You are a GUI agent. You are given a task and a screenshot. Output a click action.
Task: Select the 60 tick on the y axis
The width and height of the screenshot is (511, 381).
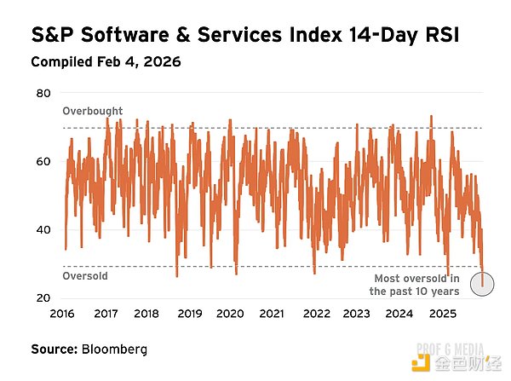[43, 160]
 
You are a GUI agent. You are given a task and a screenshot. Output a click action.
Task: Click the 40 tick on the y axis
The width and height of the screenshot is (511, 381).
[43, 229]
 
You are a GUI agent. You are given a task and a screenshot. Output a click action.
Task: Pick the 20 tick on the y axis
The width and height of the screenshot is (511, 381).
[43, 297]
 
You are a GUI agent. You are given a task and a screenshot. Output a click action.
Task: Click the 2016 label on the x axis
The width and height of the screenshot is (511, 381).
[61, 314]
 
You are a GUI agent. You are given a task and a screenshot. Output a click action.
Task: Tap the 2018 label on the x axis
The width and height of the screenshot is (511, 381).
[146, 314]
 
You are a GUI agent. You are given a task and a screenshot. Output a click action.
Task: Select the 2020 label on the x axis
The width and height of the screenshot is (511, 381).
[230, 314]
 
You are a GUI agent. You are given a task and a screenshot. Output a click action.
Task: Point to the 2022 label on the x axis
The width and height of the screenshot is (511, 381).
[316, 314]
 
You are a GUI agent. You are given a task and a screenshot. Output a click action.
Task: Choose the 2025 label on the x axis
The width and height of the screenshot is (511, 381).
[442, 314]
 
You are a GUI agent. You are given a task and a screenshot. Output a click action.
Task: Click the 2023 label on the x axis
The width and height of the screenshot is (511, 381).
[357, 314]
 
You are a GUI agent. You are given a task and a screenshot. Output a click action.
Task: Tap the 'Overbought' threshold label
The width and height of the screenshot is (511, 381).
[93, 111]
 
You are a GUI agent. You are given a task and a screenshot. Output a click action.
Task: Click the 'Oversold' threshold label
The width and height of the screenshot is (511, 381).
[85, 275]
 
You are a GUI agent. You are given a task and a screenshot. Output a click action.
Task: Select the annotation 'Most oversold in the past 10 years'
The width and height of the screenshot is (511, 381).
[417, 285]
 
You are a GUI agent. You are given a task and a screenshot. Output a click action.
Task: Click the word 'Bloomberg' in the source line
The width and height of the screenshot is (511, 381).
[114, 349]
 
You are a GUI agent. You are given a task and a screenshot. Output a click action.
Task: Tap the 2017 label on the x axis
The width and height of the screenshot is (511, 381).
[105, 314]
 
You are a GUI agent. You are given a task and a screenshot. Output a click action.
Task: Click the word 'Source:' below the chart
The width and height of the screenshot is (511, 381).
[53, 349]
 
